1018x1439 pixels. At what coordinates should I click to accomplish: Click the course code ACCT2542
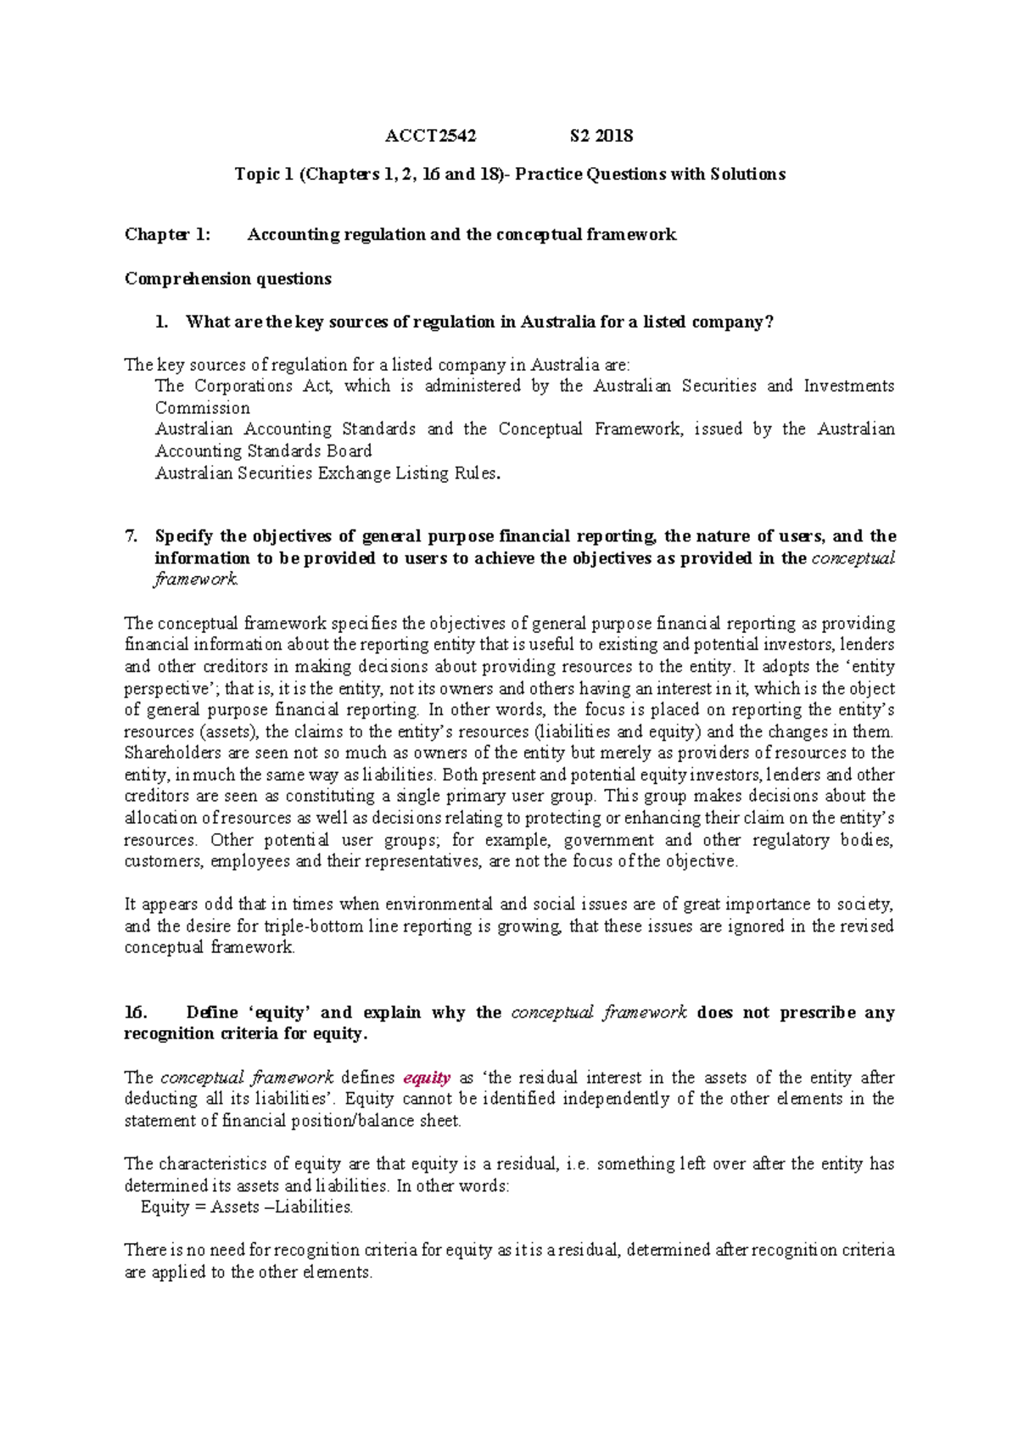[431, 136]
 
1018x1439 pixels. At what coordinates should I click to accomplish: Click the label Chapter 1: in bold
[167, 235]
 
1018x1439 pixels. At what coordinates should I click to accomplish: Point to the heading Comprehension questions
[227, 279]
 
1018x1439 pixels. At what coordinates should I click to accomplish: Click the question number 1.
[161, 322]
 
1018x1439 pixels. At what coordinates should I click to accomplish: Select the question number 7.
[131, 536]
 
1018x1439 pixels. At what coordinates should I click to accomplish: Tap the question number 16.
[136, 1013]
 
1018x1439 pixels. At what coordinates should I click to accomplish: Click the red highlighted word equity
[427, 1078]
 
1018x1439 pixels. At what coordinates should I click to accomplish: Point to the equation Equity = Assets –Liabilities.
[247, 1207]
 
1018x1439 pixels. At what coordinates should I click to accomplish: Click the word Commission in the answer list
[202, 408]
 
